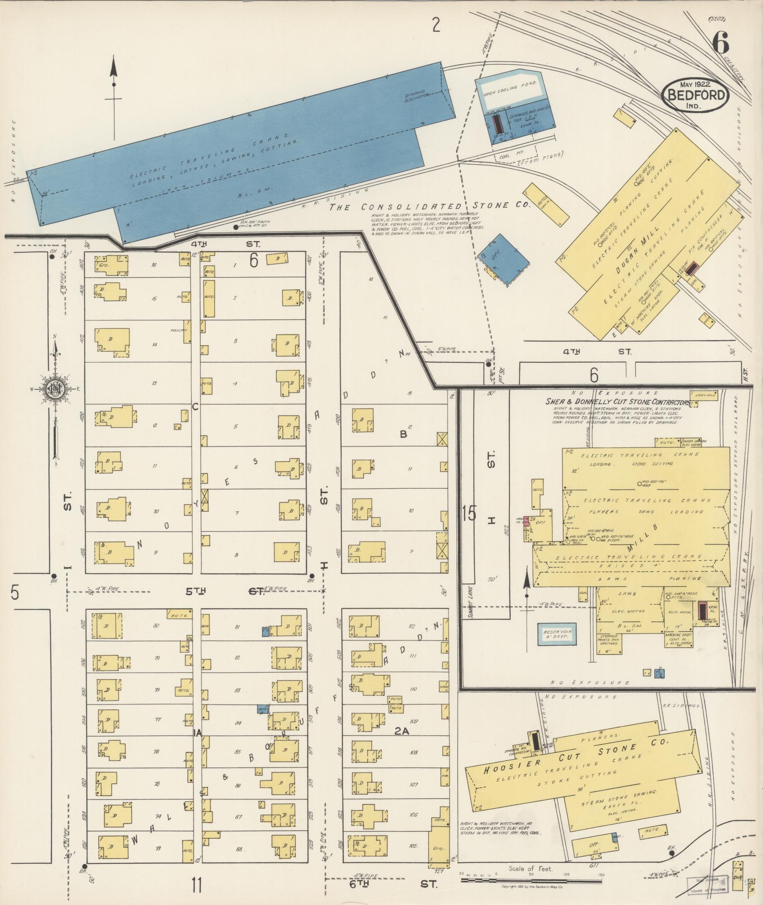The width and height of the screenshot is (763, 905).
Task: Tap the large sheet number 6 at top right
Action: point(720,45)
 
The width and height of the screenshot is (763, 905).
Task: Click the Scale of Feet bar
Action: point(531,880)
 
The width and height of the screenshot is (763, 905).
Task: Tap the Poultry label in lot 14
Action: point(180,330)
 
